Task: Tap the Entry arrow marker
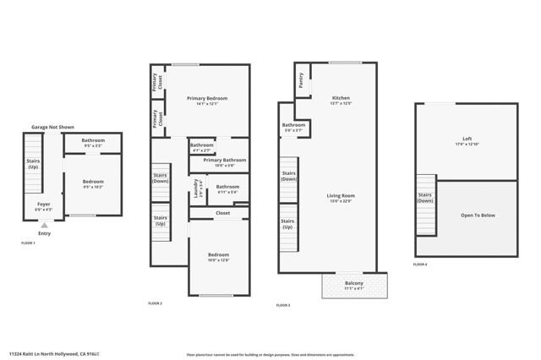pos(44,226)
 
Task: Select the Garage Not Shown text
pos(52,127)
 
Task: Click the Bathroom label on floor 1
pos(93,142)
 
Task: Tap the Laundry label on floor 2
pos(195,188)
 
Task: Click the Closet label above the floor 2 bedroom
pos(222,213)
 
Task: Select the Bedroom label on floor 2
pos(218,256)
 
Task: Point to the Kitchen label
pos(341,99)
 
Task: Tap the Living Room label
pos(341,198)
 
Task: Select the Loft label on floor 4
pos(467,140)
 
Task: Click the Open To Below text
pos(478,215)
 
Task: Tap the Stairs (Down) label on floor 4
pos(424,198)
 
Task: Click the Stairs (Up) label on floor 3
pos(288,224)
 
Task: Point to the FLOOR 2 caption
pos(155,303)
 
